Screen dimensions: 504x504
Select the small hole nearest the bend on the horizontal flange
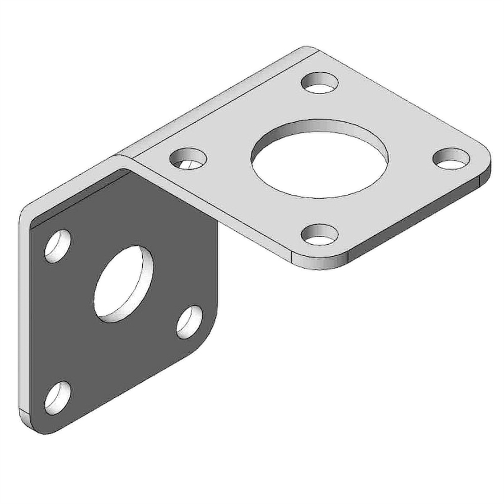click(186, 158)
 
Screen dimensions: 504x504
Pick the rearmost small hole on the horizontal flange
click(320, 83)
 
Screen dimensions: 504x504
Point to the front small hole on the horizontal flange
click(318, 235)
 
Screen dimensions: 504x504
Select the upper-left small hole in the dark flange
click(58, 245)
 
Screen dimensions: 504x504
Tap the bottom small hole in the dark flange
click(58, 397)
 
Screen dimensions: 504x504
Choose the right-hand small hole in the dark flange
click(190, 321)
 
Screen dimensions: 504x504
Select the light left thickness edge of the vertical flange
click(24, 314)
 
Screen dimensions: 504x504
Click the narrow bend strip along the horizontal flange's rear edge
click(218, 101)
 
